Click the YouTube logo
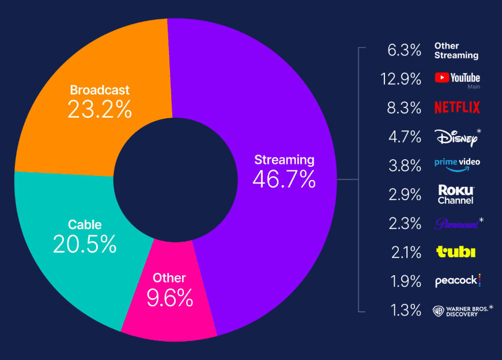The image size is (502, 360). [457, 78]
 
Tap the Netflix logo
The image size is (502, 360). [456, 107]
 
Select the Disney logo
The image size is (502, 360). [455, 137]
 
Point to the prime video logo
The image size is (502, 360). [457, 164]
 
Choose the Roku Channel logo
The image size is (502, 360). [456, 194]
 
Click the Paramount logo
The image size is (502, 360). [456, 224]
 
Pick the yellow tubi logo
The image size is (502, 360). [456, 252]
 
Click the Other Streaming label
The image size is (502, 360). [456, 51]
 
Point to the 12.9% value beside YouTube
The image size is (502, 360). [401, 79]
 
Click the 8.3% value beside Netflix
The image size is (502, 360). [406, 108]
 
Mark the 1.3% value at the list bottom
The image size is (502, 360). [406, 310]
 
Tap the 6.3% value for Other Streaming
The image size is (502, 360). [405, 50]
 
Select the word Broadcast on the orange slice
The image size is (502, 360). [100, 90]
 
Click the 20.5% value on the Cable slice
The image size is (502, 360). [85, 245]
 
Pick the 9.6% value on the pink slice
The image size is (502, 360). [169, 298]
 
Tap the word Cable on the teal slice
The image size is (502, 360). [85, 224]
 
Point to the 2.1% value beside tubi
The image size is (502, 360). [406, 252]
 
